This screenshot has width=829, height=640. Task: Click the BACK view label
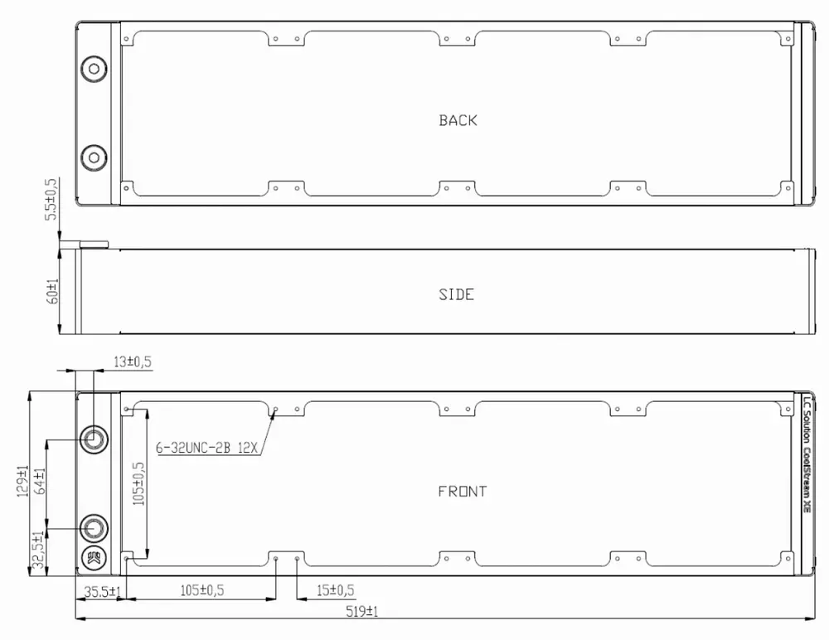(x=458, y=120)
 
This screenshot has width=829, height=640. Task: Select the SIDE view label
(x=456, y=294)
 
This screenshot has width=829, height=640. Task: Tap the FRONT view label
(x=462, y=492)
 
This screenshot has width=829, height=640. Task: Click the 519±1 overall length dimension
(x=362, y=612)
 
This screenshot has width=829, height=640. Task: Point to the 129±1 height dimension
(x=22, y=481)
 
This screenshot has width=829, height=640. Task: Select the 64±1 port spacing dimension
(x=40, y=481)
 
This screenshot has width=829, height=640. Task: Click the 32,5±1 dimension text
(x=38, y=550)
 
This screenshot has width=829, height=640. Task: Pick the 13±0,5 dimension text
(x=133, y=361)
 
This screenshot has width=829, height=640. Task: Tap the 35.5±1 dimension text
(x=103, y=592)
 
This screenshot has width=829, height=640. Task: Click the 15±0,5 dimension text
(x=335, y=590)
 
